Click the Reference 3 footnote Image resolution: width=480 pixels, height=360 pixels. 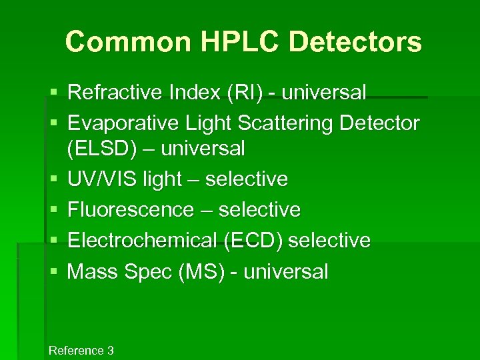tap(81, 350)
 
